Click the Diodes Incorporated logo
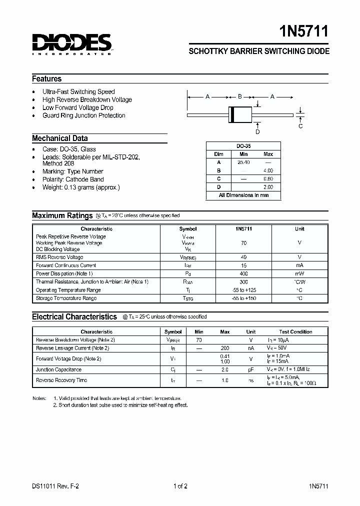72,44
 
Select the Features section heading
47,79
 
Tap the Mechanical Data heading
60,138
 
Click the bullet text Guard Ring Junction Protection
84,115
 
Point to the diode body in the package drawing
240,114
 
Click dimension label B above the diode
240,96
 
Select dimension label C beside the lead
300,126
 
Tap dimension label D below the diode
257,132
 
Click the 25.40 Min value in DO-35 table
243,162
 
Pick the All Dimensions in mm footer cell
243,195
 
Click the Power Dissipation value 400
243,274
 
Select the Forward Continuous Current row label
66,265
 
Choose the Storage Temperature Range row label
66,298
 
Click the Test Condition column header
295,331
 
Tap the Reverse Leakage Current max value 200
225,348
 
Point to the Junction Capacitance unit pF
251,370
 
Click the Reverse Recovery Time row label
61,380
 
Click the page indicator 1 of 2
180,486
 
